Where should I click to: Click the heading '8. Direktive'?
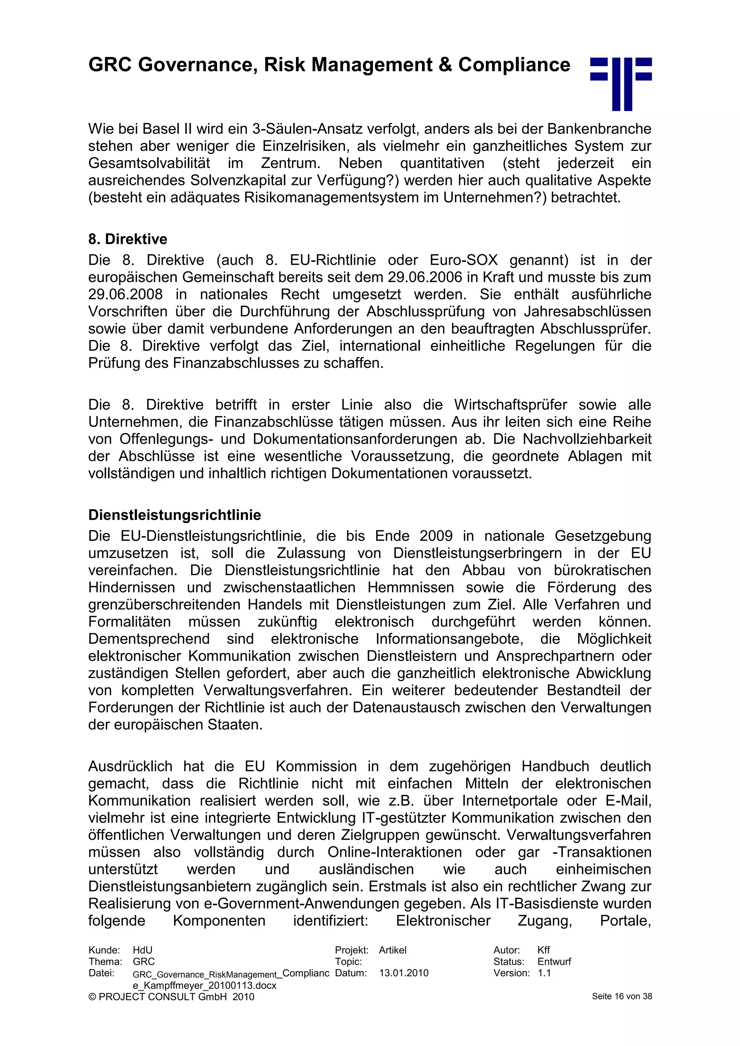point(128,239)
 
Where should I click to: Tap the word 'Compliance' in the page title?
point(514,65)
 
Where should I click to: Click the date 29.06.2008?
point(125,294)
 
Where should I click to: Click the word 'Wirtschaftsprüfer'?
point(510,405)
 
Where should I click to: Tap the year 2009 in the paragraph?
point(436,536)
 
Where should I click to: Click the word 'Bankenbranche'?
point(599,129)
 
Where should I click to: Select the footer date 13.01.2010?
point(403,973)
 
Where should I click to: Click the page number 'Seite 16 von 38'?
point(621,997)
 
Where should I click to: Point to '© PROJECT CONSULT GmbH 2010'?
point(171,997)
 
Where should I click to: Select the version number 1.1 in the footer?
point(544,973)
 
